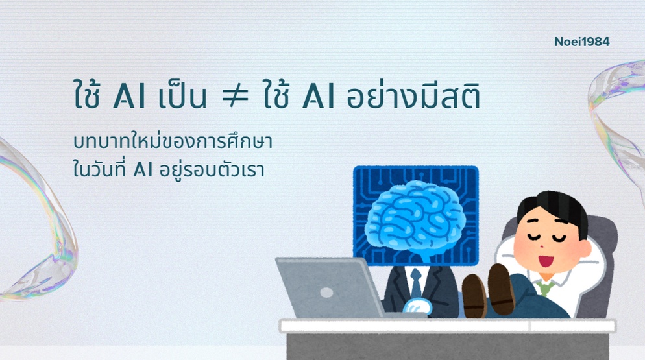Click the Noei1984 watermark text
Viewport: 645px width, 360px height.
pos(582,42)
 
